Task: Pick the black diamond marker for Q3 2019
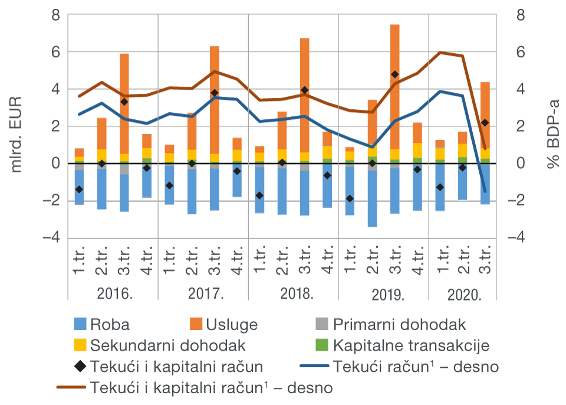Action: pyautogui.click(x=394, y=74)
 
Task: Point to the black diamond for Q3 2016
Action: pyautogui.click(x=124, y=102)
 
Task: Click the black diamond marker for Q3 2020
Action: pyautogui.click(x=485, y=123)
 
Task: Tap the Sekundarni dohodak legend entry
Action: pyautogui.click(x=159, y=345)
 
